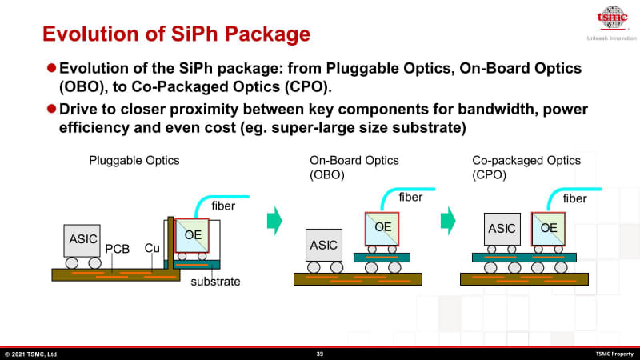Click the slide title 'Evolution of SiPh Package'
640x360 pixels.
tap(175, 34)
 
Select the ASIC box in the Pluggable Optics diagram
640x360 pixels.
tap(83, 239)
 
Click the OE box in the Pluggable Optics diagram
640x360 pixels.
tap(193, 234)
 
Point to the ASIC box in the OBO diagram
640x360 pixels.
tap(324, 245)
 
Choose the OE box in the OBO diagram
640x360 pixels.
tap(383, 227)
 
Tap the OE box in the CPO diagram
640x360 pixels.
tap(549, 229)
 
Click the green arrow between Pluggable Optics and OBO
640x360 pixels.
tap(274, 220)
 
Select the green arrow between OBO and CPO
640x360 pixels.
tap(451, 220)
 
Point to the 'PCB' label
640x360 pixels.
tap(118, 249)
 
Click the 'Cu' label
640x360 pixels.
tap(152, 249)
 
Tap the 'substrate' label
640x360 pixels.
tap(216, 282)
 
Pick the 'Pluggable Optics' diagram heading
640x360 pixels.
tap(134, 161)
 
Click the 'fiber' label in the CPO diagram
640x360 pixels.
tap(574, 198)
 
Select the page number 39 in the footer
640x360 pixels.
tap(320, 354)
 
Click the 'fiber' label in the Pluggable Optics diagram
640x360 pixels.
tap(224, 206)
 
